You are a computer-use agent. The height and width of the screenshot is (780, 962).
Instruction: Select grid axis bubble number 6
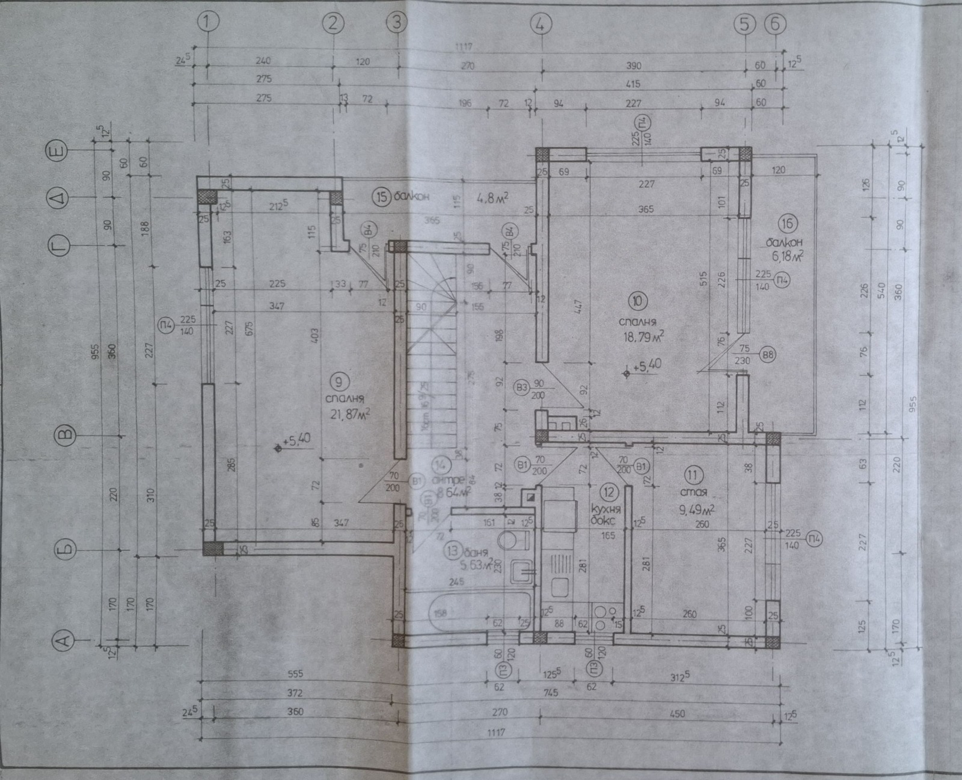[776, 24]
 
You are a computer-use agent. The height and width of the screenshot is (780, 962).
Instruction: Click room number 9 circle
[339, 381]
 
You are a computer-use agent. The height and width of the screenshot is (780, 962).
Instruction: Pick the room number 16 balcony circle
[788, 224]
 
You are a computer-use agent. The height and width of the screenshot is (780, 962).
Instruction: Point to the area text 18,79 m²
[643, 335]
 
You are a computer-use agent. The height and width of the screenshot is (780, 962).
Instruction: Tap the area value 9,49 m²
[697, 510]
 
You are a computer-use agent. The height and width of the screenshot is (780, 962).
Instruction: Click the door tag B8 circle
[767, 355]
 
